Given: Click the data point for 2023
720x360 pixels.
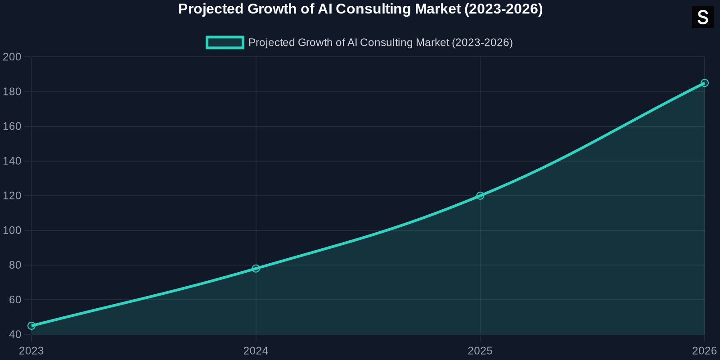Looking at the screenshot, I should pos(31,326).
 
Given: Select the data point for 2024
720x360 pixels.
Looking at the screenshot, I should pos(256,269).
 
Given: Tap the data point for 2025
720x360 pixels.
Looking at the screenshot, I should pos(480,196).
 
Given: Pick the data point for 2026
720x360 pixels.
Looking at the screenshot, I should pos(704,83).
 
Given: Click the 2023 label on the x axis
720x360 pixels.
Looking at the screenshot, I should pos(31,351).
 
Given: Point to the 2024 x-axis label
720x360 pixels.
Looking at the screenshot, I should pos(256,351).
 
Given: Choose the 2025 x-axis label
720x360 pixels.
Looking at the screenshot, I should pos(480,351).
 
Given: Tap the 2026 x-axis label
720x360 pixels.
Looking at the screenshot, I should pos(704,351).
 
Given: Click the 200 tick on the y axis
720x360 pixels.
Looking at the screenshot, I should pos(12,57).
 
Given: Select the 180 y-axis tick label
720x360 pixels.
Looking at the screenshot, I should pos(12,92).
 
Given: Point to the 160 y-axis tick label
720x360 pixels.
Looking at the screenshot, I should pos(12,126).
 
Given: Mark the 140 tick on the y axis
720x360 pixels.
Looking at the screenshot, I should pos(12,161).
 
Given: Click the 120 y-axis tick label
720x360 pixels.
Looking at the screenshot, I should pos(12,196).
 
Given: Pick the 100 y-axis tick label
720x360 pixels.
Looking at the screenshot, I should pos(12,230).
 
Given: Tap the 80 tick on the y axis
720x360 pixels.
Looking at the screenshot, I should pos(15,265).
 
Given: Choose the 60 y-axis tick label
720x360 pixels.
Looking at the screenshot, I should pos(15,300).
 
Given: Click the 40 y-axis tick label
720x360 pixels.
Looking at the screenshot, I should pos(15,334).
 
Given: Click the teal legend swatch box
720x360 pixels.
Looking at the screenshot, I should pos(225,42).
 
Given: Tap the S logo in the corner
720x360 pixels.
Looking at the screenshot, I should pos(702,18).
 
